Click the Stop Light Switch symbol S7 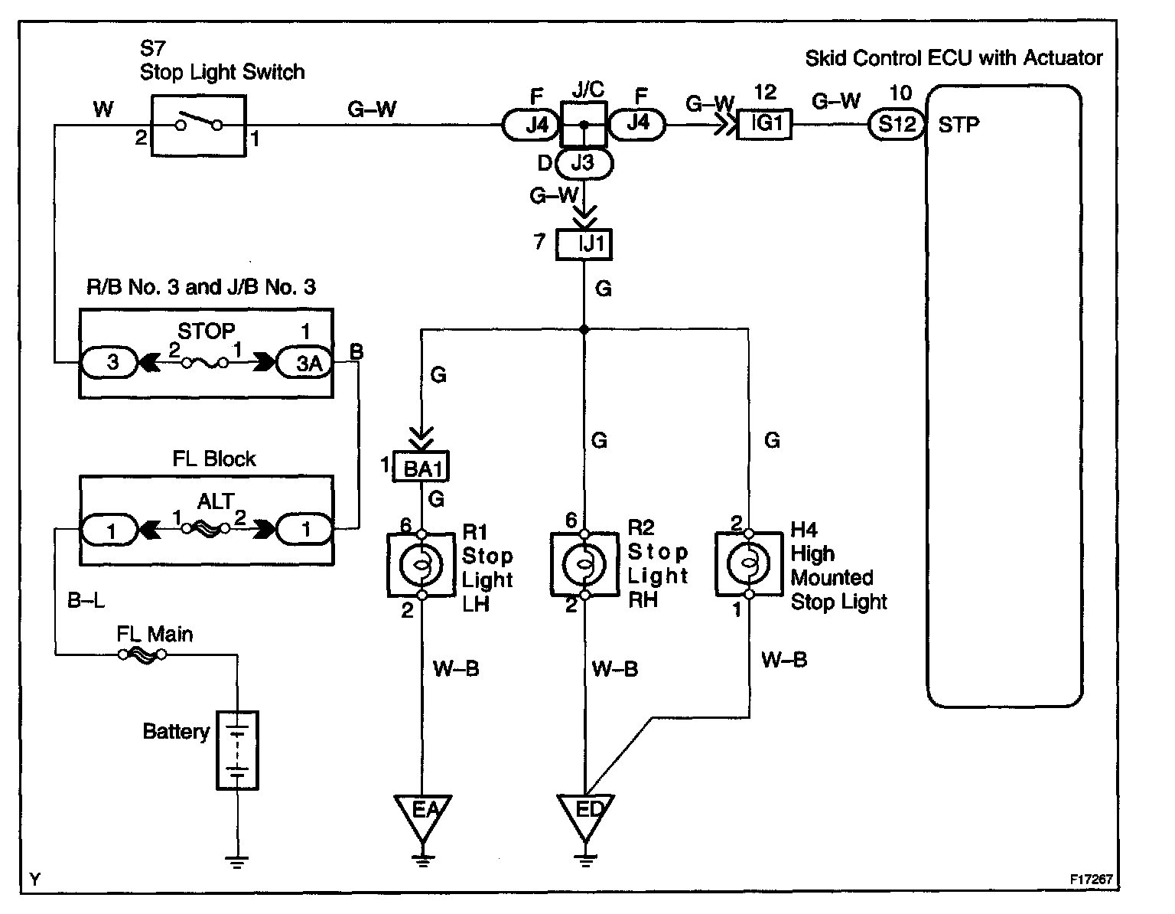click(198, 126)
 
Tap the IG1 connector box click(764, 124)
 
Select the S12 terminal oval click(897, 125)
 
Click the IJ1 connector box click(584, 244)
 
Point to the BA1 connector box click(421, 467)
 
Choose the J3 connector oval click(584, 163)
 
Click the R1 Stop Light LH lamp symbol click(422, 565)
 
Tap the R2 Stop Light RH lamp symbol click(584, 564)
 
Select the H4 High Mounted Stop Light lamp click(749, 563)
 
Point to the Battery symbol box click(237, 750)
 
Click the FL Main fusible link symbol click(143, 655)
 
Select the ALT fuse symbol click(206, 529)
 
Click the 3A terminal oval click(305, 363)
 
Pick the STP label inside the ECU click(959, 126)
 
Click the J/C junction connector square click(584, 125)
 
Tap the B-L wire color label click(86, 600)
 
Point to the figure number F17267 click(1091, 879)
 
